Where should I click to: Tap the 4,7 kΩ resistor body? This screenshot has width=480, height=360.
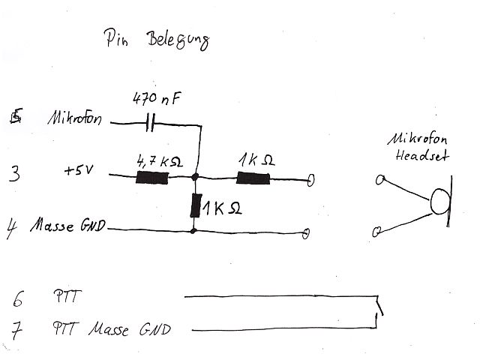[x=152, y=178]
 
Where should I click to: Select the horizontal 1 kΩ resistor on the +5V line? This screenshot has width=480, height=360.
[x=253, y=178]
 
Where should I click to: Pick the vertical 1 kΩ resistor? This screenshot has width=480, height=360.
[x=196, y=205]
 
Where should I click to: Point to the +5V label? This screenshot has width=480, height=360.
[x=77, y=172]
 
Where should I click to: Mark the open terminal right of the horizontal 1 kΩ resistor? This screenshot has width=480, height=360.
[x=310, y=179]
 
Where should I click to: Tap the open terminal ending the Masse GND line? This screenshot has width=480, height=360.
[x=306, y=233]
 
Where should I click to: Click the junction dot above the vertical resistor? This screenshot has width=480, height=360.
[x=195, y=178]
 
